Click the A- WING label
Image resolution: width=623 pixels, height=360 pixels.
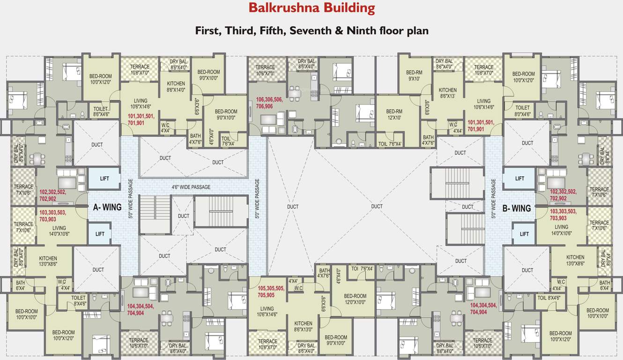107,207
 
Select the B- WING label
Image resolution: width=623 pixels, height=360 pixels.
516,208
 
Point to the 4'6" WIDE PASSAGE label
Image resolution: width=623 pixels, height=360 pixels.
191,187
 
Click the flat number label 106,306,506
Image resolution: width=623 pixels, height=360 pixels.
269,100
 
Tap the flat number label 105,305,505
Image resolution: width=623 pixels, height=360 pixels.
271,288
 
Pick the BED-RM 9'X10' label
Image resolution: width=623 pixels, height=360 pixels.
414,75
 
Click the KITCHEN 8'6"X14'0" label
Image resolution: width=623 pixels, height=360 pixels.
176,87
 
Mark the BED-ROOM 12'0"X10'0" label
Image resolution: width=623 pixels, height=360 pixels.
355,299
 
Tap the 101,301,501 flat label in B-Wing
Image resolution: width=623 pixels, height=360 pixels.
481,122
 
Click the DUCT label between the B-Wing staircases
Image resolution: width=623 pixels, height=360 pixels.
467,207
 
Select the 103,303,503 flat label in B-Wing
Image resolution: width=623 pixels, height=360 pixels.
564,211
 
